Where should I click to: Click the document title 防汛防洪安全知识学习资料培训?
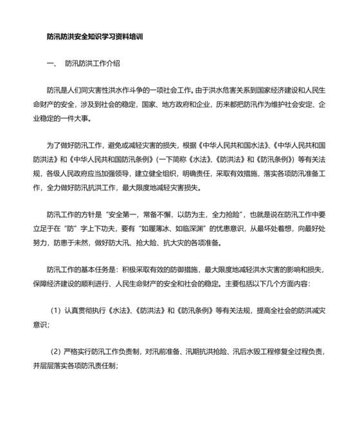(x=96, y=37)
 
